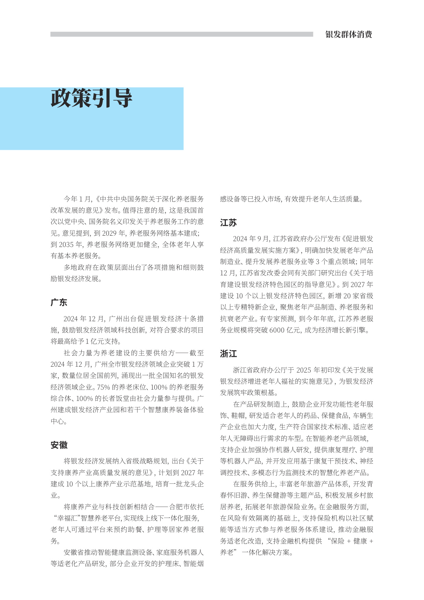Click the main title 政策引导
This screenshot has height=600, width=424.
91,99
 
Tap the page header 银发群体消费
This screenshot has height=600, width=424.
348,35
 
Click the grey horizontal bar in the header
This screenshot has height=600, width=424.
181,34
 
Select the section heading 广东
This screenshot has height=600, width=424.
59,302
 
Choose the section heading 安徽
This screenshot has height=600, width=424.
59,445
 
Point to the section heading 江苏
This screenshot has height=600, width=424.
228,223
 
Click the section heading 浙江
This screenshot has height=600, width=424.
228,354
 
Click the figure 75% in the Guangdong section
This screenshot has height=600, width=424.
104,387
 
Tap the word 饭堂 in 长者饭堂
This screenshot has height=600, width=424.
128,399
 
